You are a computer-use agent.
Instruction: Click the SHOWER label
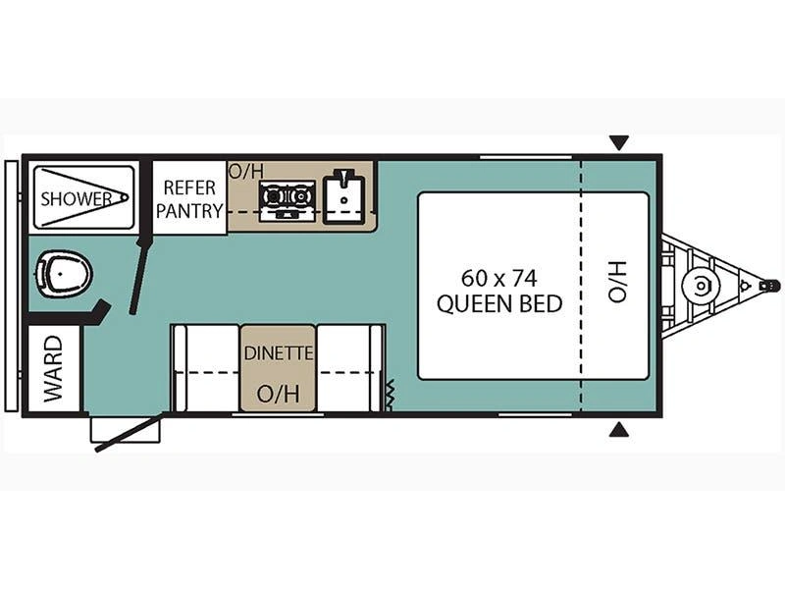pyautogui.click(x=76, y=198)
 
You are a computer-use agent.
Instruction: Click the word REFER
pyautogui.click(x=189, y=187)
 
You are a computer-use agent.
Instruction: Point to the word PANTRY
pyautogui.click(x=189, y=211)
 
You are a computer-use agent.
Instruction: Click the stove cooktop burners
pyautogui.click(x=288, y=199)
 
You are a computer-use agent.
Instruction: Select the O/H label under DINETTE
pyautogui.click(x=278, y=394)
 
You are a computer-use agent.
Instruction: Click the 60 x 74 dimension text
pyautogui.click(x=500, y=278)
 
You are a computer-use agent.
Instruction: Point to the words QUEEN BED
pyautogui.click(x=500, y=303)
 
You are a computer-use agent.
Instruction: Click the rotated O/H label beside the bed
pyautogui.click(x=616, y=282)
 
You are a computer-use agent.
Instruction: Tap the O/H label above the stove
pyautogui.click(x=246, y=171)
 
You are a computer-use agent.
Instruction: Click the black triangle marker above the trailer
pyautogui.click(x=618, y=143)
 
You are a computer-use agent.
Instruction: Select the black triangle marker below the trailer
pyautogui.click(x=618, y=429)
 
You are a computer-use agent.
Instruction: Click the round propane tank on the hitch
pyautogui.click(x=700, y=287)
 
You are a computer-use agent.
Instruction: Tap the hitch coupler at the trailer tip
pyautogui.click(x=771, y=286)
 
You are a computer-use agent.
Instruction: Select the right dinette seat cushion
pyautogui.click(x=348, y=368)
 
